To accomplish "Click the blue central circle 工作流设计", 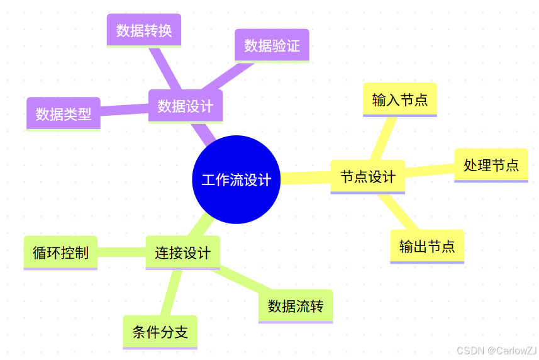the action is (x=236, y=179).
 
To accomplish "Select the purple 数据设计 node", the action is (x=185, y=106).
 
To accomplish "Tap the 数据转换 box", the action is (x=143, y=30).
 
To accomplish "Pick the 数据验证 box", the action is (x=272, y=45).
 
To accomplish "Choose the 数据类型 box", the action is (x=63, y=114).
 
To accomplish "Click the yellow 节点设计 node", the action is (x=367, y=176).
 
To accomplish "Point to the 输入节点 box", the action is (x=399, y=99).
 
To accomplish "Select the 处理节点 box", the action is (x=491, y=165).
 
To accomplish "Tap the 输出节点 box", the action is (x=426, y=246).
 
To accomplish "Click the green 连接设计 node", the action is (x=182, y=252).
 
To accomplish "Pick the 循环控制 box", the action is (x=60, y=252).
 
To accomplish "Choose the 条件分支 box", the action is (x=160, y=332).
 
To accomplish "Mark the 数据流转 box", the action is (x=295, y=306).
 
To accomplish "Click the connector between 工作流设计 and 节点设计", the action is (x=305, y=178).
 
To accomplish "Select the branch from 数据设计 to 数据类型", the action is (x=124, y=110).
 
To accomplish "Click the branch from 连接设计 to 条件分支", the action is (x=170, y=292).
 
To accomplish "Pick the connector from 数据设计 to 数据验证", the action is (x=216, y=77).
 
